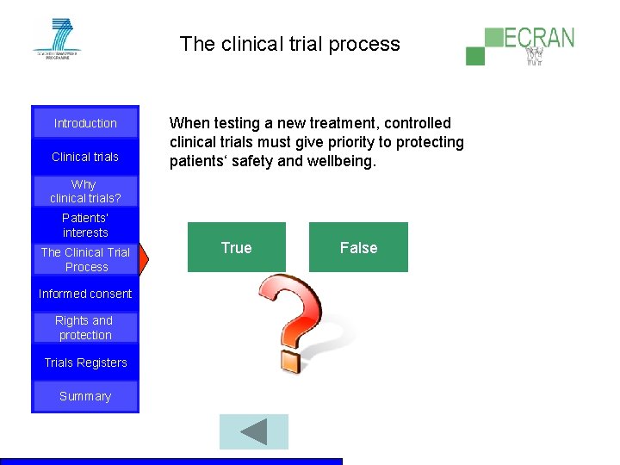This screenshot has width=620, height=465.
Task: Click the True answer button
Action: tap(237, 248)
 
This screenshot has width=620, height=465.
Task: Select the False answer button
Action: tap(358, 248)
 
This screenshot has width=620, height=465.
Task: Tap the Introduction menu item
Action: tap(85, 123)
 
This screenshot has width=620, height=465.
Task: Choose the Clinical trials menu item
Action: tap(85, 157)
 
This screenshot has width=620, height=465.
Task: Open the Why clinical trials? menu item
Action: tap(85, 191)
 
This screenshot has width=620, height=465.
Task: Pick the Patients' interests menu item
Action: tap(85, 225)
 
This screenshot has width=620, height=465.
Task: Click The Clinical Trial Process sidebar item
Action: tap(85, 259)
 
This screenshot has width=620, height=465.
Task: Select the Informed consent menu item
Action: tap(85, 294)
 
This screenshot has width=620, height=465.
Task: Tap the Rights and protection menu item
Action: tap(85, 328)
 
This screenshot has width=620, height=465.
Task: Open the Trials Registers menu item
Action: tap(85, 363)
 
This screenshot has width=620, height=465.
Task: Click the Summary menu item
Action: tap(85, 396)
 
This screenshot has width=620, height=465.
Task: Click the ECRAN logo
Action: tap(520, 45)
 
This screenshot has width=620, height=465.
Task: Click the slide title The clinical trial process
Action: tap(290, 44)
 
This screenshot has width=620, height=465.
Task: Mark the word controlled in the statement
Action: tap(418, 123)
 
